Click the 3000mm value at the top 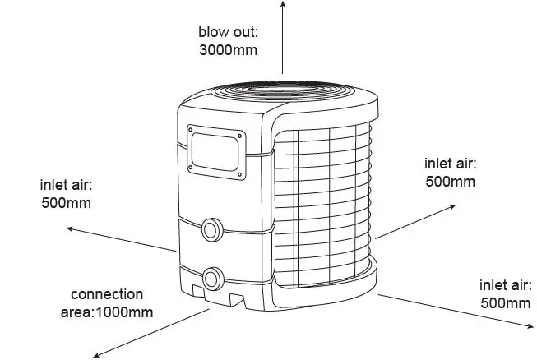(x=228, y=49)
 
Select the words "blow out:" (x=228, y=32)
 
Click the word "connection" (x=107, y=294)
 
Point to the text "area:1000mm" (x=107, y=312)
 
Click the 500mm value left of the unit (x=66, y=201)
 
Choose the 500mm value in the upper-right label (x=450, y=181)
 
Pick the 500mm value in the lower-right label (x=505, y=302)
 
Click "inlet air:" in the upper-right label (x=450, y=164)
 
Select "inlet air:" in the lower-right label (x=505, y=285)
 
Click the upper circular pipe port (x=211, y=229)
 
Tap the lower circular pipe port (x=213, y=276)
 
